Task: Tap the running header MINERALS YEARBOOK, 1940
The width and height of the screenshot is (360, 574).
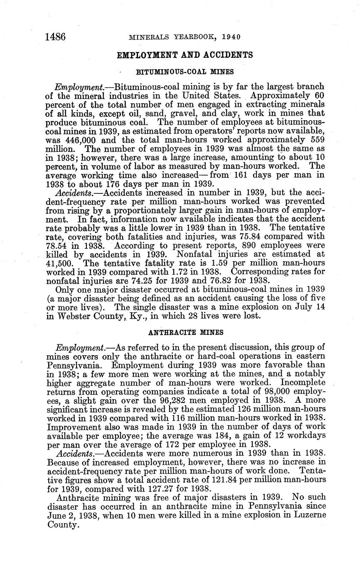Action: click(185, 37)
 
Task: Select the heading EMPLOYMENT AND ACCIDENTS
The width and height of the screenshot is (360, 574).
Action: click(185, 55)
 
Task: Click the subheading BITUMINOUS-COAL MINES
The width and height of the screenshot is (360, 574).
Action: click(185, 72)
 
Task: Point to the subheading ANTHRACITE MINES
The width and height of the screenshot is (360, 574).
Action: click(185, 332)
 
